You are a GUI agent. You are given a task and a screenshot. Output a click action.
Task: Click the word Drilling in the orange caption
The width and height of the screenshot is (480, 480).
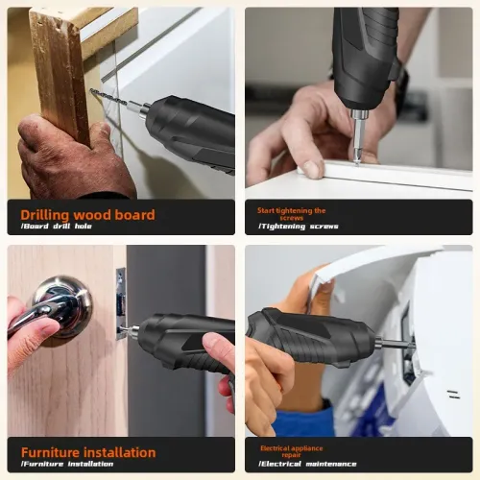tap(44, 214)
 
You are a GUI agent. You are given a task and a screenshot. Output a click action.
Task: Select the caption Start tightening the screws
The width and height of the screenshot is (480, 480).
tap(291, 214)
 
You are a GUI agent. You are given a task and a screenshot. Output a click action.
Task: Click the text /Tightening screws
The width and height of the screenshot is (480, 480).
tap(298, 227)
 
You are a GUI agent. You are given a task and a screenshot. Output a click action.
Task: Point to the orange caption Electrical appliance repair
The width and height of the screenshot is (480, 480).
tap(292, 451)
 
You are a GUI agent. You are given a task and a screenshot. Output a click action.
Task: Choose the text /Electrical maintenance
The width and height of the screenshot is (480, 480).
tap(307, 465)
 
